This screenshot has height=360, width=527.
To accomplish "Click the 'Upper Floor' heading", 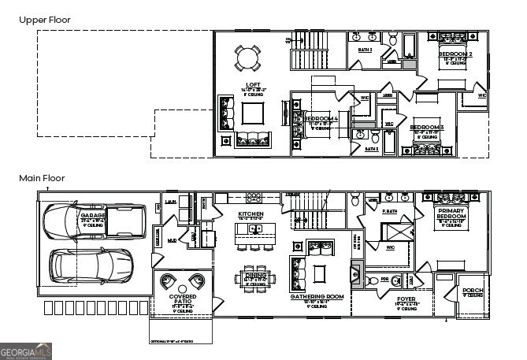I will click(x=45, y=19).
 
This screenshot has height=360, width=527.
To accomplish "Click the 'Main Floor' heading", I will click(x=43, y=179).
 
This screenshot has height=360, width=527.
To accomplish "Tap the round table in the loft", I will click(x=247, y=58).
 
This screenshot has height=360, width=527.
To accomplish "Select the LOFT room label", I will click(x=253, y=84).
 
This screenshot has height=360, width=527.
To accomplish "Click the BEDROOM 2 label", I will click(x=455, y=54).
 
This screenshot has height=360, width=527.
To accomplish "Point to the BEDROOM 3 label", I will click(x=427, y=127).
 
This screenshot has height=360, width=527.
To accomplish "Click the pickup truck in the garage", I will click(x=95, y=224).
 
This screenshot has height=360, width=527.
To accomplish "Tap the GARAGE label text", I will click(x=92, y=214).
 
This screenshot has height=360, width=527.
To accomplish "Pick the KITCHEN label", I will click(x=251, y=214).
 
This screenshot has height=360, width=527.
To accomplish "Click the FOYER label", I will click(x=406, y=299).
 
